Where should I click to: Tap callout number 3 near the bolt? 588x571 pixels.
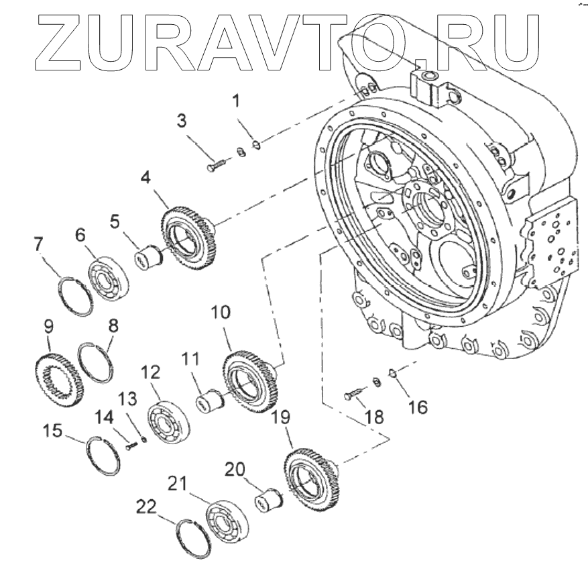(182, 121)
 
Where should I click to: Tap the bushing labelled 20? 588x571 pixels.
(269, 501)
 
